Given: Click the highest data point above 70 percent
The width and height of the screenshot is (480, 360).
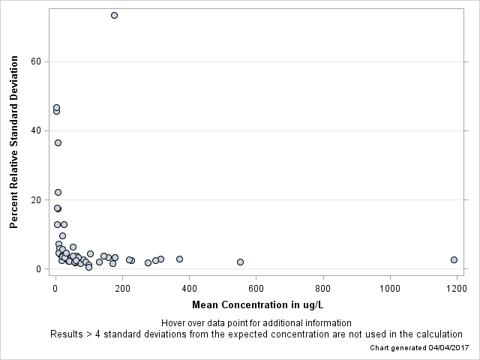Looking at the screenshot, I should tap(114, 15).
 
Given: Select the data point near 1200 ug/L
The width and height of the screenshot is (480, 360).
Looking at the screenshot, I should tap(454, 259).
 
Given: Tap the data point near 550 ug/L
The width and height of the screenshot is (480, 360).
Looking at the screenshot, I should tap(240, 262).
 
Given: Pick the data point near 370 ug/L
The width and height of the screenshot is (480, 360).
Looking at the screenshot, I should tap(179, 259).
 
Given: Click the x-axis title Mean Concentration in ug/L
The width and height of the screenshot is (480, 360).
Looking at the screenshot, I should tap(257, 304).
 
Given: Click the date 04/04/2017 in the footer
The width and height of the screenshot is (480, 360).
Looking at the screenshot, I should tap(448, 348).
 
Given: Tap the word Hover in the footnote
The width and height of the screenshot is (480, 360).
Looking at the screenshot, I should tap(175, 322).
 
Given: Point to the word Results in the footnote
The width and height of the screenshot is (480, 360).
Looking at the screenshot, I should tap(67, 334).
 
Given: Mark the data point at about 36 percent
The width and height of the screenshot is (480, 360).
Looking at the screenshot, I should tap(58, 142).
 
